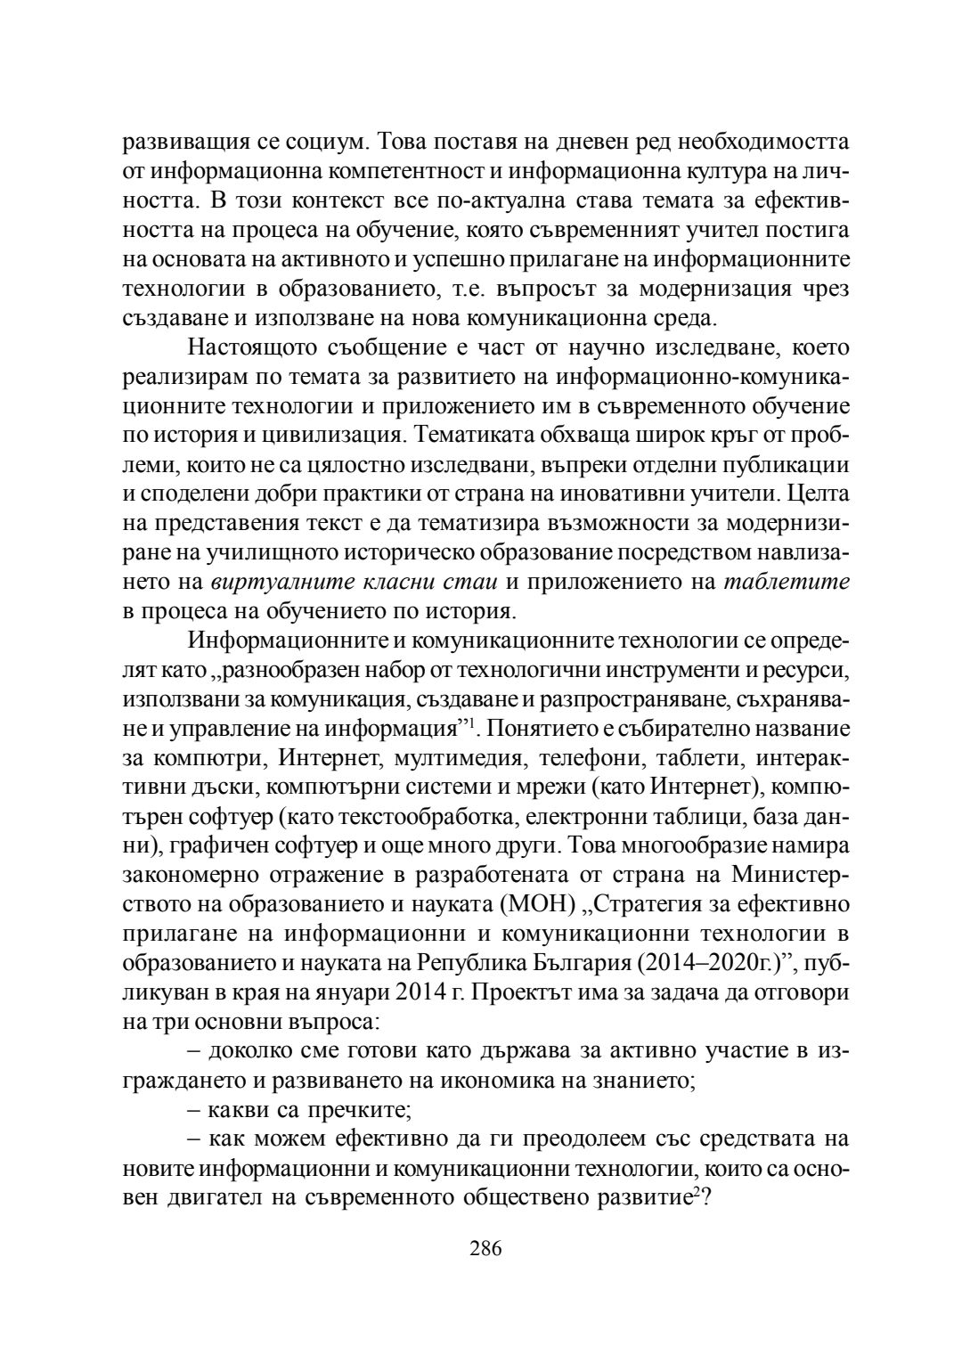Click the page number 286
tap(485, 1248)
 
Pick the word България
tap(573, 963)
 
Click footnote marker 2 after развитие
tap(696, 1190)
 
